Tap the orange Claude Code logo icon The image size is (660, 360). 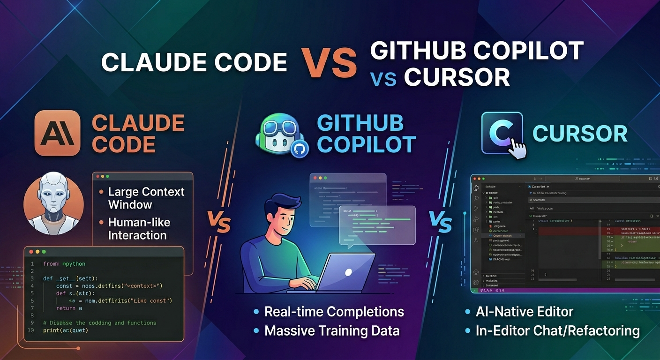58,133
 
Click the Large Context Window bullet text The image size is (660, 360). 146,198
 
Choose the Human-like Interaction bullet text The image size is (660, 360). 139,228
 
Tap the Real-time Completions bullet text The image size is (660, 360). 334,312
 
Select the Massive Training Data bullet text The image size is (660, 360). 332,331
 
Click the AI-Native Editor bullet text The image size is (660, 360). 524,312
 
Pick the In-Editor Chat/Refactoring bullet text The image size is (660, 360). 557,331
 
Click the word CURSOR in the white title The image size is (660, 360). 457,77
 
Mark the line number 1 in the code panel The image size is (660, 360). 32,264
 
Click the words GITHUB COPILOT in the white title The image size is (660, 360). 477,51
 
